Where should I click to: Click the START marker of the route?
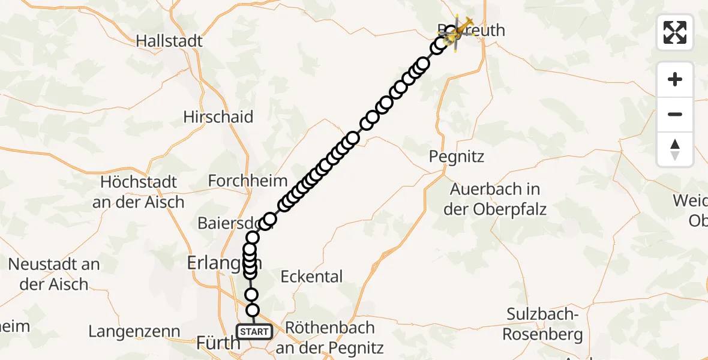254,331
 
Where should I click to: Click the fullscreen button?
675,32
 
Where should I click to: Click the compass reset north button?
675,149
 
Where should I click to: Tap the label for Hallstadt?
169,41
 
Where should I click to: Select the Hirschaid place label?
218,116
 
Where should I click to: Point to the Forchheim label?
247,180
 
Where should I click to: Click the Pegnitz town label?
456,157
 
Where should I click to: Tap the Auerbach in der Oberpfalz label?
495,199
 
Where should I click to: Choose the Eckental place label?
312,276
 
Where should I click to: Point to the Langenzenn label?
134,331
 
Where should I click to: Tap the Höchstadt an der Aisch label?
139,191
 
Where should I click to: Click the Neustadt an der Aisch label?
54,274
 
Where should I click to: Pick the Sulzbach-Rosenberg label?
542,324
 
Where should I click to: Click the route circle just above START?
253,310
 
